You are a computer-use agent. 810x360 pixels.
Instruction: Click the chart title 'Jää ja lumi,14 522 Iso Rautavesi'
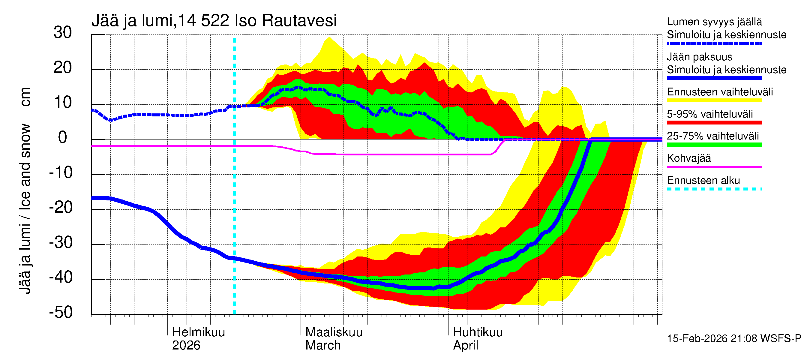pyautogui.click(x=214, y=21)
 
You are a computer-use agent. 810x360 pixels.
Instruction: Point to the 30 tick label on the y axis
pyautogui.click(x=63, y=33)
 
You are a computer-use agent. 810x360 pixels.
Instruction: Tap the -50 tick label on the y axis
pyautogui.click(x=61, y=313)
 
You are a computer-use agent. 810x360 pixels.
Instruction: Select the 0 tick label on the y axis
pyautogui.click(x=63, y=138)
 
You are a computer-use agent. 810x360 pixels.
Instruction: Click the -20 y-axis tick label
pyautogui.click(x=61, y=208)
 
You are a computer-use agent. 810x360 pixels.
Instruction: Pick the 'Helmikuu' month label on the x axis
pyautogui.click(x=198, y=332)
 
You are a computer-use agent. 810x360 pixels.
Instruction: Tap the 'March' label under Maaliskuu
pyautogui.click(x=323, y=346)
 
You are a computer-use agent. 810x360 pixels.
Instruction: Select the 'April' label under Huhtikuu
pyautogui.click(x=465, y=346)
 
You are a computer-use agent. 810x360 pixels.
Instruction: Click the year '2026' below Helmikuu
pyautogui.click(x=186, y=346)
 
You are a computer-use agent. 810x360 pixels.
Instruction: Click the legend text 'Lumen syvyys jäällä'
pyautogui.click(x=714, y=22)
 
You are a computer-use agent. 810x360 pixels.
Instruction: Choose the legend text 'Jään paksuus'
pyautogui.click(x=699, y=57)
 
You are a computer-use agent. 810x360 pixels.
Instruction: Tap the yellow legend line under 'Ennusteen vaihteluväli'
pyautogui.click(x=714, y=100)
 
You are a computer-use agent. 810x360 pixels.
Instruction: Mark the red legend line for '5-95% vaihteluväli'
pyautogui.click(x=714, y=123)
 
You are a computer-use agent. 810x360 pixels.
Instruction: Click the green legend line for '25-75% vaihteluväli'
pyautogui.click(x=714, y=145)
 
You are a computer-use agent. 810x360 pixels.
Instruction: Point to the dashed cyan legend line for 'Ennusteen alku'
pyautogui.click(x=714, y=189)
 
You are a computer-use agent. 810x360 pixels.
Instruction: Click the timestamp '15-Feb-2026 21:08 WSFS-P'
pyautogui.click(x=734, y=339)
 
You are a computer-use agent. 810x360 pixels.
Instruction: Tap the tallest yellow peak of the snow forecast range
pyautogui.click(x=329, y=37)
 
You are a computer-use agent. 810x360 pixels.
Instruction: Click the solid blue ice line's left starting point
pyautogui.click(x=92, y=198)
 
